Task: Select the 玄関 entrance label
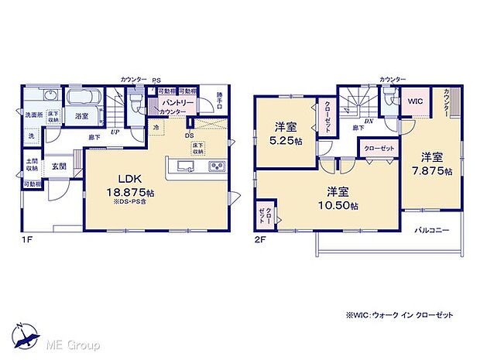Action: tap(59, 166)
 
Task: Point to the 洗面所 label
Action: tap(32, 115)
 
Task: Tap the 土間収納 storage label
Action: tap(31, 165)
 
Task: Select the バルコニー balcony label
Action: tap(431, 230)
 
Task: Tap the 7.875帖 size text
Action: tap(434, 171)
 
